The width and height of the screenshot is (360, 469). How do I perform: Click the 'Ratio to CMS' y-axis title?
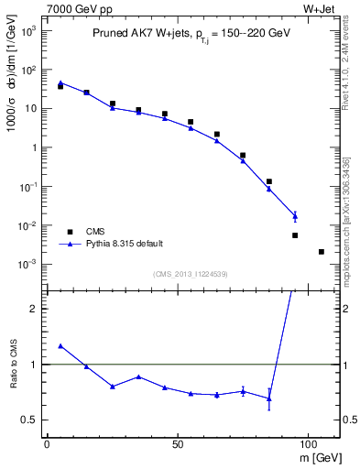pyautogui.click(x=14, y=364)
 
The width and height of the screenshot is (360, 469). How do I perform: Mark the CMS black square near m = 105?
pyautogui.click(x=322, y=252)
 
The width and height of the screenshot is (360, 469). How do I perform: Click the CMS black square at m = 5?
pyautogui.click(x=60, y=86)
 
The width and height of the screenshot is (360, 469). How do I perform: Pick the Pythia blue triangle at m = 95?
pyautogui.click(x=295, y=216)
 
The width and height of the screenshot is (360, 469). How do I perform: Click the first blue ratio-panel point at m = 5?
pyautogui.click(x=60, y=346)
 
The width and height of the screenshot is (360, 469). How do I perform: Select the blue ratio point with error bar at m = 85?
pyautogui.click(x=269, y=398)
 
